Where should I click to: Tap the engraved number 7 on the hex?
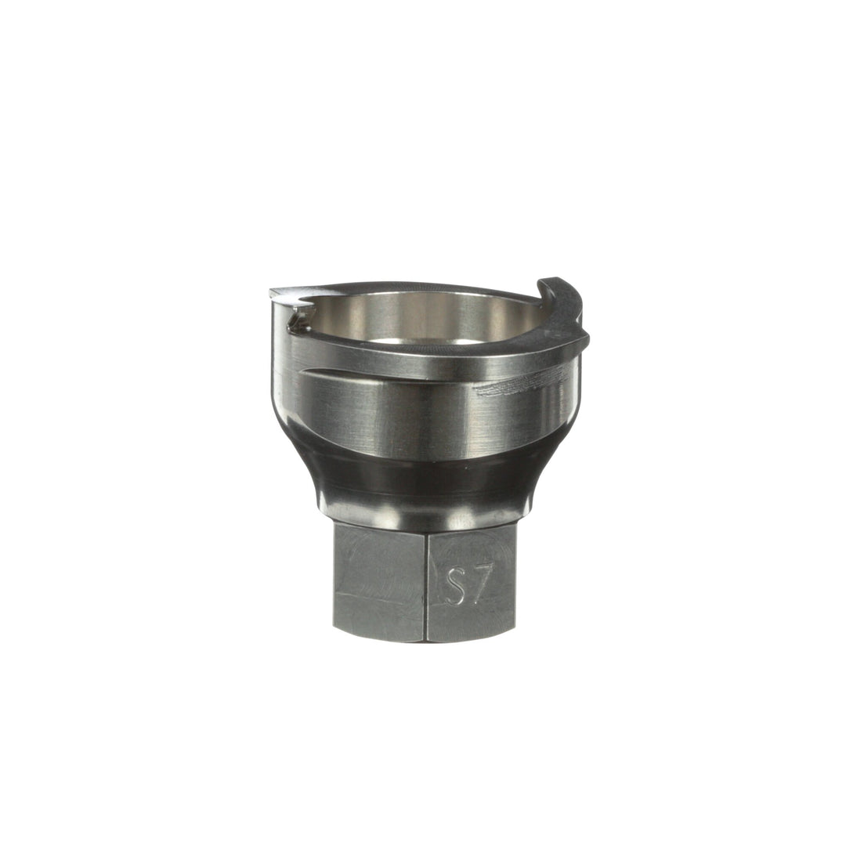(x=479, y=584)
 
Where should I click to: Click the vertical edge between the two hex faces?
(x=426, y=584)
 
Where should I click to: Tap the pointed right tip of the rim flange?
(x=587, y=339)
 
